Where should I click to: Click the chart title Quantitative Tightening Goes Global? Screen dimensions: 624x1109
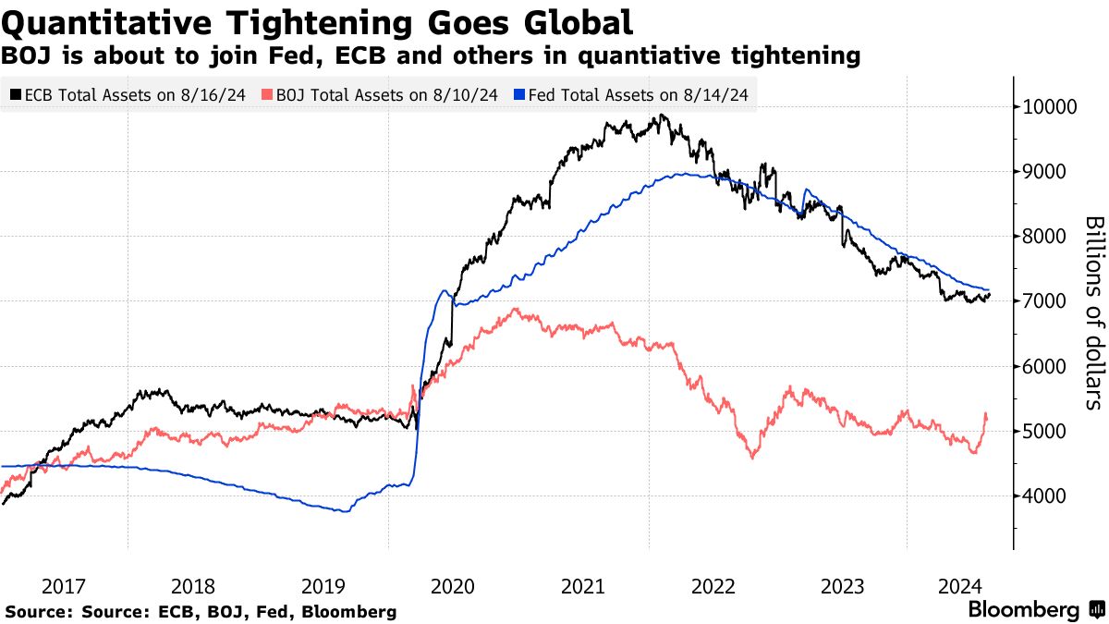coord(317,21)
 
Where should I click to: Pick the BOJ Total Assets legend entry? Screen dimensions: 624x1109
coord(380,94)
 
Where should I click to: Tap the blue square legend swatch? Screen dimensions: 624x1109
coord(520,94)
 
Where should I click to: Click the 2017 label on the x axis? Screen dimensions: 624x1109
coord(63,586)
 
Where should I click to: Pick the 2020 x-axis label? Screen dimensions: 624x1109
coord(453,586)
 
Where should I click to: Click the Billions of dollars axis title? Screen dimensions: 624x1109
coord(1093,312)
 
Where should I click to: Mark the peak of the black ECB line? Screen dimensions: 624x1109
coord(659,116)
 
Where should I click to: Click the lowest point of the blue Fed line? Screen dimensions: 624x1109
coord(347,511)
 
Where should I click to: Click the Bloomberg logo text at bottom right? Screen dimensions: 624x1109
coord(1024,610)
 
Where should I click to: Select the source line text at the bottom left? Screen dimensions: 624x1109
coord(201,611)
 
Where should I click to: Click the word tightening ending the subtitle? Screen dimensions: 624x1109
coord(793,56)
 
